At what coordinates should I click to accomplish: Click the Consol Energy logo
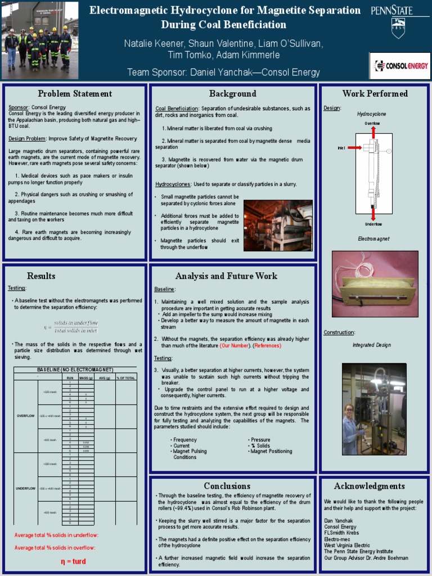pos(399,66)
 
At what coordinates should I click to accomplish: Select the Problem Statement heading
pos(75,94)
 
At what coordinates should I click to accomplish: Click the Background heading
pos(233,94)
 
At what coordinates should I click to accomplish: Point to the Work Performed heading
pos(375,94)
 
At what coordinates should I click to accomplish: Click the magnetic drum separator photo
pos(278,225)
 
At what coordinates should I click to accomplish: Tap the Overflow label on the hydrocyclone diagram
pos(372,123)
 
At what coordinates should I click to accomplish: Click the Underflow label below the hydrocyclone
pos(373,224)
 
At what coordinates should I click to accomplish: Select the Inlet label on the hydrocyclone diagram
pos(341,147)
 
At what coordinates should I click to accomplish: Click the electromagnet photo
pos(375,285)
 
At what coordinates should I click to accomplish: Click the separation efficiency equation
pos(71,326)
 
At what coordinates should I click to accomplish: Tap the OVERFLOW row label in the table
pos(25,416)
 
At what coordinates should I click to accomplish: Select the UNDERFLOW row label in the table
pos(25,488)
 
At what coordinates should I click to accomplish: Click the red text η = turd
pos(73,561)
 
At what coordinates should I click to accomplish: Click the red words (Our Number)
pos(234,345)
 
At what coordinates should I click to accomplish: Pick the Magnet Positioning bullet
pos(271,451)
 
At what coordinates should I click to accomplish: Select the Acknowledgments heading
pos(369,486)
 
